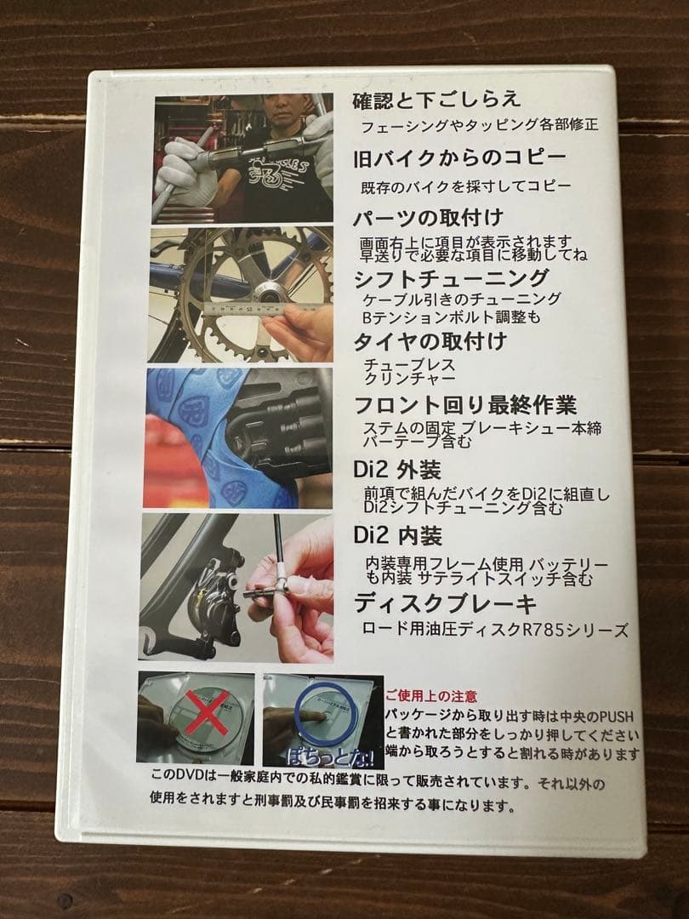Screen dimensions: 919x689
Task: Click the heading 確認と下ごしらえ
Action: pos(436,100)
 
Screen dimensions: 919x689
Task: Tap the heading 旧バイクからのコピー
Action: pos(459,158)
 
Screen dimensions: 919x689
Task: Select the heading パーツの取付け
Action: pos(430,217)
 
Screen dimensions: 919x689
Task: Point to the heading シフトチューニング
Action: pos(451,277)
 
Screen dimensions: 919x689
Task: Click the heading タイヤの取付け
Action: pos(430,341)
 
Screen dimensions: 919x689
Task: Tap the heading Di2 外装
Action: pos(397,470)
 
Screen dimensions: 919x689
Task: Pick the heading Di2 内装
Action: pos(397,537)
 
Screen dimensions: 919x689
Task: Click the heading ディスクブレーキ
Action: pos(445,603)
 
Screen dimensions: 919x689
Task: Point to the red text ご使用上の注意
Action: pos(431,696)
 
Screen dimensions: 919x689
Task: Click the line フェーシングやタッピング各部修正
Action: pos(479,125)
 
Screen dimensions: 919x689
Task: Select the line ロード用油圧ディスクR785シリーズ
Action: pos(495,631)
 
